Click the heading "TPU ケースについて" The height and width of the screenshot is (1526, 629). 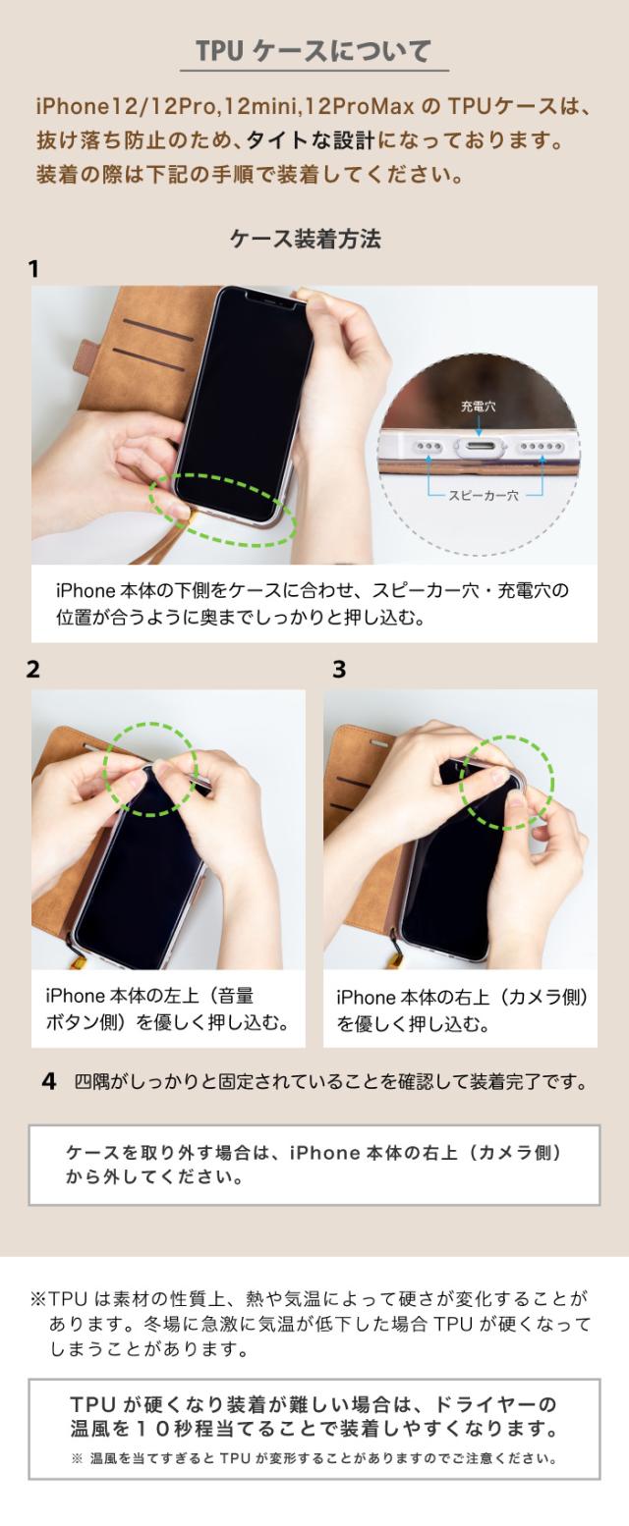pyautogui.click(x=314, y=51)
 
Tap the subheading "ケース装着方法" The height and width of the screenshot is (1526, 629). pyautogui.click(x=306, y=239)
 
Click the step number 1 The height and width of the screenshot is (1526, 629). pyautogui.click(x=33, y=269)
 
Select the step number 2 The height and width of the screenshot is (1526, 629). pyautogui.click(x=33, y=669)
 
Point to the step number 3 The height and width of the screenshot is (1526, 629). pyautogui.click(x=339, y=669)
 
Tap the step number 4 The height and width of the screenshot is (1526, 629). pyautogui.click(x=48, y=1081)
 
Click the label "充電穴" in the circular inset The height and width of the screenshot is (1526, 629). pyautogui.click(x=479, y=406)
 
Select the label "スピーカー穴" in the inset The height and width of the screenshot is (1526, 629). pyautogui.click(x=484, y=495)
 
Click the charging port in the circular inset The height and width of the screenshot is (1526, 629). pyautogui.click(x=481, y=448)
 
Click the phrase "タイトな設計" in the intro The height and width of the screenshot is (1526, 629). pyautogui.click(x=311, y=140)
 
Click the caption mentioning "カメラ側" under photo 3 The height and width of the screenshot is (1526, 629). pyautogui.click(x=463, y=1010)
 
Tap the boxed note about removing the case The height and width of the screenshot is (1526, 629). pyautogui.click(x=314, y=1165)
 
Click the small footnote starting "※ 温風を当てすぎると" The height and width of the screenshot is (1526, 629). pyautogui.click(x=314, y=1458)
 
